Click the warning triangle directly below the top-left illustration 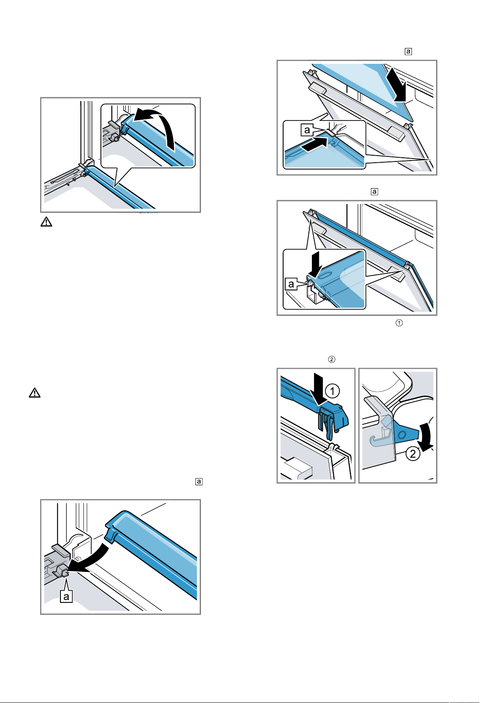(46, 222)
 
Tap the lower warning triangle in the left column (35, 393)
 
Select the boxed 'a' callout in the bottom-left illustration (66, 596)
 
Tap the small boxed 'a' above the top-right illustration (408, 51)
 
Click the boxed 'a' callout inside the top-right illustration (307, 130)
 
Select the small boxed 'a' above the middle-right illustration (374, 192)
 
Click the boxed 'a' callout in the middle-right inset (291, 284)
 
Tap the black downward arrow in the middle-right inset (314, 264)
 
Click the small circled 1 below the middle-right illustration (399, 323)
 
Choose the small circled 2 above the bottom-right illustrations (331, 359)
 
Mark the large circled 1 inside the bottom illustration (332, 391)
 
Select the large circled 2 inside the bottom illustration (413, 454)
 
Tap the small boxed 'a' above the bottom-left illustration (199, 481)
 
